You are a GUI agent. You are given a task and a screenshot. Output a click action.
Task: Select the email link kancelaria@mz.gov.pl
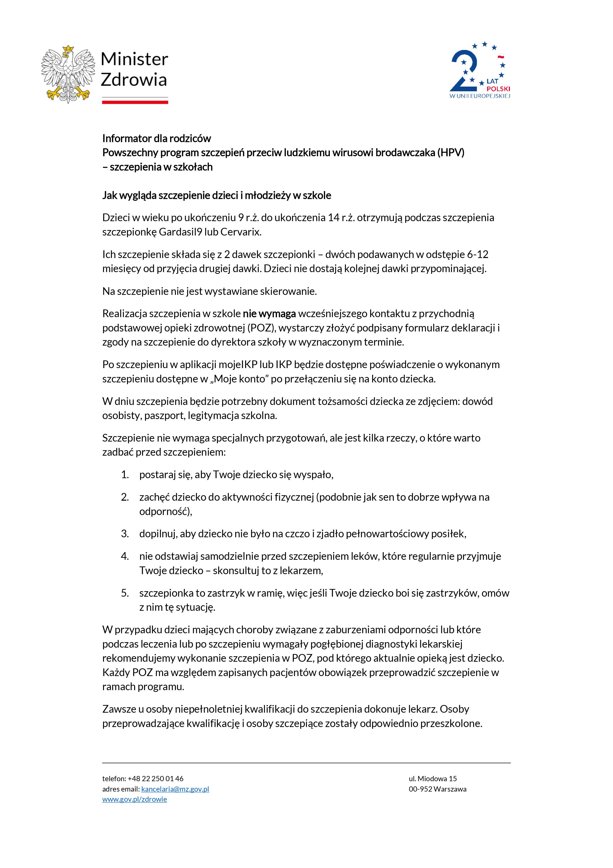(175, 789)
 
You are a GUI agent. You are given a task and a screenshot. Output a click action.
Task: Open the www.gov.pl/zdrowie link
(134, 799)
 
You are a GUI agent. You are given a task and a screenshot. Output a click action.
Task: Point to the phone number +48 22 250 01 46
(156, 778)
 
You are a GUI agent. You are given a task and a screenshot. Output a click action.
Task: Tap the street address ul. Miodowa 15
(432, 778)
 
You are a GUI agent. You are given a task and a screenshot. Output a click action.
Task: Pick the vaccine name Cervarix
(241, 232)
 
